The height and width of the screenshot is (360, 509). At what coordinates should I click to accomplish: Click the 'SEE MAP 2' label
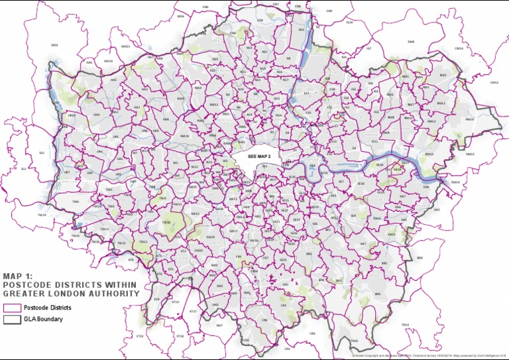(259, 156)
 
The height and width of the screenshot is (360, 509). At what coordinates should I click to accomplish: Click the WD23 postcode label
(125, 46)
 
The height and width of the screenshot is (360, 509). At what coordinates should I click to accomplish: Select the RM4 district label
(410, 42)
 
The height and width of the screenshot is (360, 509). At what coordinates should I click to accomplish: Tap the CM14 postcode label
(458, 48)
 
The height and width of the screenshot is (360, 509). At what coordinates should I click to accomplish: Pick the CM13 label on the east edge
(494, 83)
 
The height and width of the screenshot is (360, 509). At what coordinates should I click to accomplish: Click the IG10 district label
(349, 23)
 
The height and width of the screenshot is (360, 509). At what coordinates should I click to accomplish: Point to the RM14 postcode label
(470, 119)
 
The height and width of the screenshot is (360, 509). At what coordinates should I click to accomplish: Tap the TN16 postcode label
(354, 341)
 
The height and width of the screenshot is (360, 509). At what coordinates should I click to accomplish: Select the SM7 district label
(219, 325)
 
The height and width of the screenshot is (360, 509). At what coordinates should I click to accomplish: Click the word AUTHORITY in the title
(117, 293)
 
